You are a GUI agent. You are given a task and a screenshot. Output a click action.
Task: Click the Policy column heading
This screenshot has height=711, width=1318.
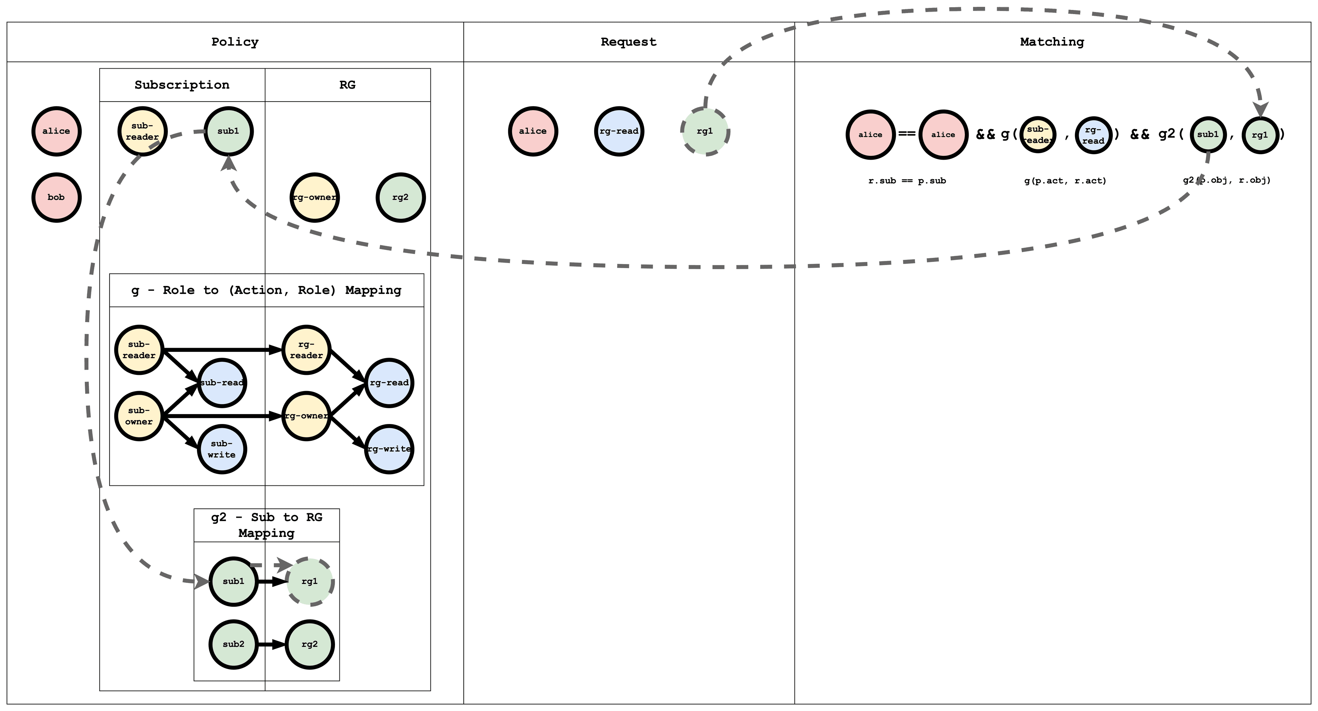(x=235, y=42)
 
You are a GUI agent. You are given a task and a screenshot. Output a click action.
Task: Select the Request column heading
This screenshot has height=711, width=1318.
(x=628, y=42)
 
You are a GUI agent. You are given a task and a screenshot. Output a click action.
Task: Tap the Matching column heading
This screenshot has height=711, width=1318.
(x=1052, y=42)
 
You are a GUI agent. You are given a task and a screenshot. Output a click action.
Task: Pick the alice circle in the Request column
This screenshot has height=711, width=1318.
(x=533, y=131)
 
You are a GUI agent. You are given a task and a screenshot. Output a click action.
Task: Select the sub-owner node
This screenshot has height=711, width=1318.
(x=139, y=416)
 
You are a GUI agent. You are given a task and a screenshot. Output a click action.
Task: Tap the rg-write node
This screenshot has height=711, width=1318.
(x=389, y=449)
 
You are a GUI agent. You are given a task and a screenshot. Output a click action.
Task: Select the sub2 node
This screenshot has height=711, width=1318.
(x=233, y=644)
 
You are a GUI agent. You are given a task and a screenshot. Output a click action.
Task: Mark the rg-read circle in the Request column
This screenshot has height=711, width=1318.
(x=619, y=131)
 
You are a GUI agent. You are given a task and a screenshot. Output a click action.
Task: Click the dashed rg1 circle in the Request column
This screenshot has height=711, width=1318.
(x=705, y=131)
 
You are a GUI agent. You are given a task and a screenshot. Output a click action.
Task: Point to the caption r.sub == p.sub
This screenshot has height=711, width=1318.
(x=907, y=181)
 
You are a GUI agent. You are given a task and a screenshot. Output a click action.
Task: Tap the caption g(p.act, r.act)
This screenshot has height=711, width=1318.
(x=1065, y=181)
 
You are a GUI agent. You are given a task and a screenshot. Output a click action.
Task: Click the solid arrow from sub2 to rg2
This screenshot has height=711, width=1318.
(x=271, y=644)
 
